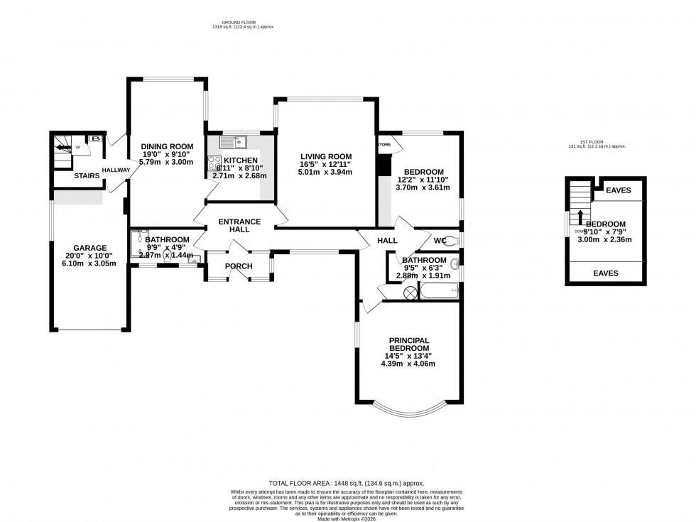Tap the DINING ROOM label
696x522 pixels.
(x=166, y=146)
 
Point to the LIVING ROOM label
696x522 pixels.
(x=325, y=157)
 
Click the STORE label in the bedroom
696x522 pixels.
(x=384, y=145)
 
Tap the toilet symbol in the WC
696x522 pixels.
(x=454, y=241)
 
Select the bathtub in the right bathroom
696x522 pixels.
(x=438, y=290)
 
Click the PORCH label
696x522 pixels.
(x=239, y=266)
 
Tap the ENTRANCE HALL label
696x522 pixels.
(x=239, y=226)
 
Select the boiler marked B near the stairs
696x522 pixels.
(x=94, y=140)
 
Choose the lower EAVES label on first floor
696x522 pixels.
(x=605, y=273)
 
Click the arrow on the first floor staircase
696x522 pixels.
(x=580, y=217)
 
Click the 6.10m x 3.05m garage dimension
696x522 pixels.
(x=89, y=264)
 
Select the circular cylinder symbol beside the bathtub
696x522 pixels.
(x=409, y=292)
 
